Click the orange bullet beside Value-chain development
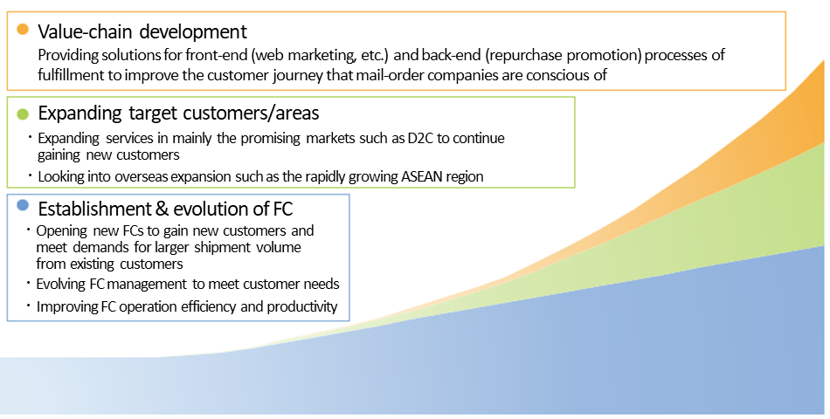pyautogui.click(x=22, y=29)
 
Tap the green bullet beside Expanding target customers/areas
pyautogui.click(x=22, y=113)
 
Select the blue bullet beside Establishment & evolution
pyautogui.click(x=22, y=205)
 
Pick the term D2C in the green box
pyautogui.click(x=420, y=138)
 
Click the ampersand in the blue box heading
pyautogui.click(x=161, y=209)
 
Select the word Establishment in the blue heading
pyautogui.click(x=94, y=209)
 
